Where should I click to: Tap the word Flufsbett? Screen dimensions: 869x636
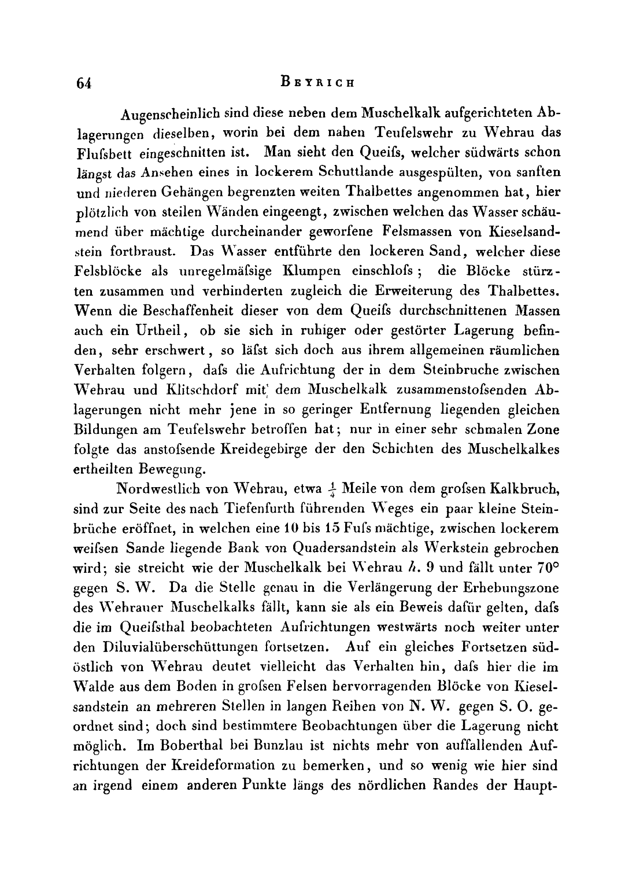click(x=106, y=153)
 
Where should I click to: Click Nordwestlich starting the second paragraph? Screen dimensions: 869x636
click(x=158, y=489)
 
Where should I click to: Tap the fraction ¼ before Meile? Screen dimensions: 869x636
click(x=332, y=489)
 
